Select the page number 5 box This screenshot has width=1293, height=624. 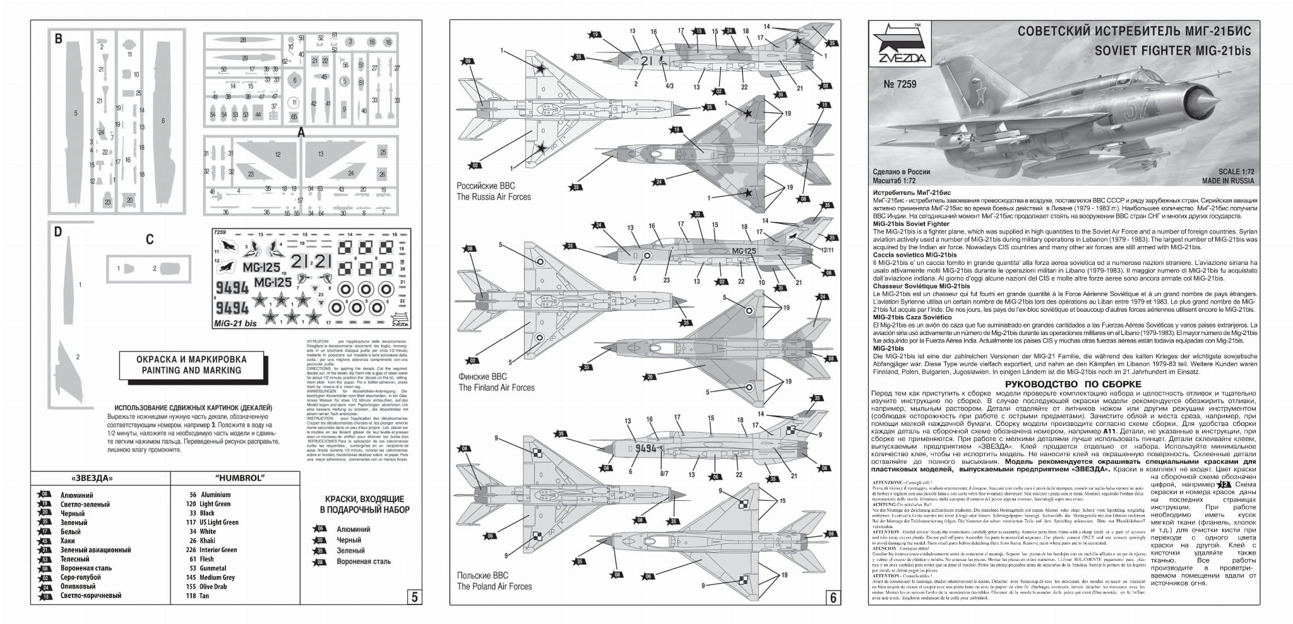(414, 596)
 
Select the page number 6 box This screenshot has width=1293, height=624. (832, 596)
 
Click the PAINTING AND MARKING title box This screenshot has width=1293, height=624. (191, 365)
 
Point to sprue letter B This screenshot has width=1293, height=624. (59, 39)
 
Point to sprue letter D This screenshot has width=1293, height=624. (58, 232)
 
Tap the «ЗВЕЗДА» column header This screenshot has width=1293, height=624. (93, 478)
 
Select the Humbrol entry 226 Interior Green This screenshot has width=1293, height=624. (211, 550)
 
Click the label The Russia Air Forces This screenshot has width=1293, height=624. (494, 197)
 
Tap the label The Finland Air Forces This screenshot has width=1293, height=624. (496, 387)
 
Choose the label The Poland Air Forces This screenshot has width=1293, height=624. (494, 586)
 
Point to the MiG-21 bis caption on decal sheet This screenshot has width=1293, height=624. (235, 324)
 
